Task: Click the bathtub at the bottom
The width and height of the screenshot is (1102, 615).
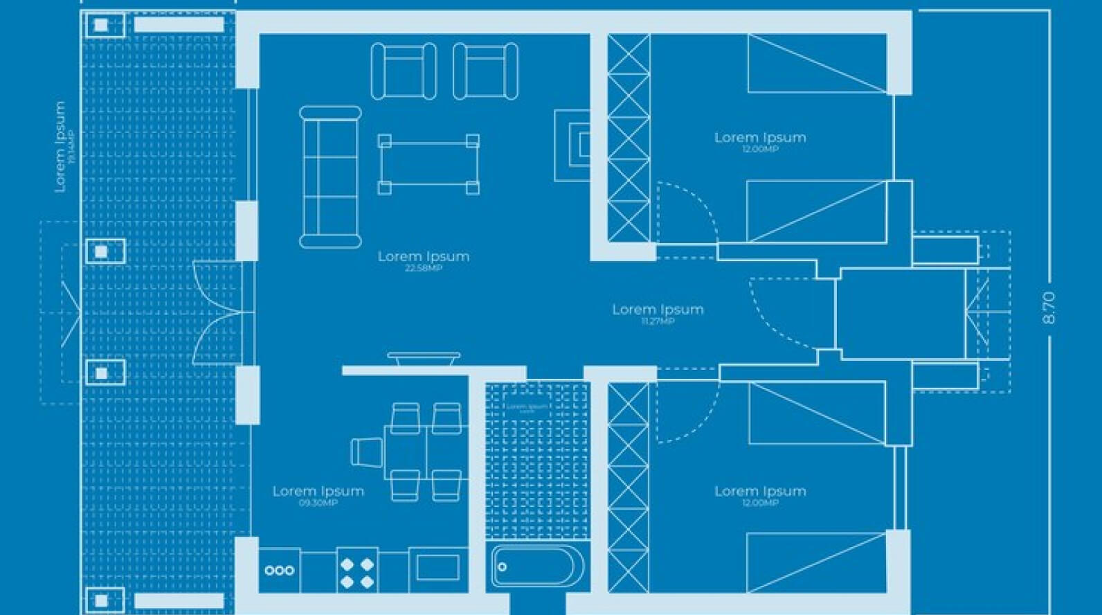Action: [x=532, y=567]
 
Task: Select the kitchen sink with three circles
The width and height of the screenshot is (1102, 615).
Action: [x=279, y=571]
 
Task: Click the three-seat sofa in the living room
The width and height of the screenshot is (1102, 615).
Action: [x=330, y=177]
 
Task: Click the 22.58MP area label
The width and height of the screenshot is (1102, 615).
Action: [x=423, y=268]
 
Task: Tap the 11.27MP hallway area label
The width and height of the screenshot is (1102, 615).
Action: [x=657, y=321]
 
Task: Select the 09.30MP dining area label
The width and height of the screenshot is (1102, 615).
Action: [x=318, y=503]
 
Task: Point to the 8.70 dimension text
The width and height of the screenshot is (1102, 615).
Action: [x=1049, y=307]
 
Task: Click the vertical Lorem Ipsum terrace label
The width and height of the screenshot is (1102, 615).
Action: [x=60, y=146]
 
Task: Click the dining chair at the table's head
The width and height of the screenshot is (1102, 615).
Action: [x=367, y=452]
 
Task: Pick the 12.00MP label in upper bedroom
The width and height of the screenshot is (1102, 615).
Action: [x=759, y=150]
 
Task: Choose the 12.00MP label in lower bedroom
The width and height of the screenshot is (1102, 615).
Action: [x=759, y=503]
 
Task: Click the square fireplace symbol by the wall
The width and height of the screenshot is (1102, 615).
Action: [x=573, y=145]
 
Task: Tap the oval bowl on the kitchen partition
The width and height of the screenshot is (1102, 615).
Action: [x=424, y=359]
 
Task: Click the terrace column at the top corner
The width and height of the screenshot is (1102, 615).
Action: [x=101, y=26]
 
